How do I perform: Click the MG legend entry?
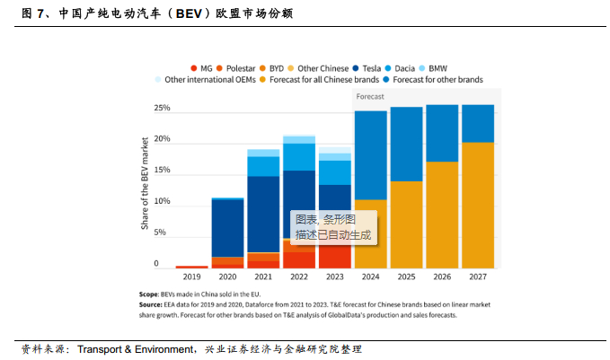coord(202,67)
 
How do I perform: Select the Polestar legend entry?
coord(236,67)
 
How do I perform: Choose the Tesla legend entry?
coord(368,67)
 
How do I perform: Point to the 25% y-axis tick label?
coord(162,108)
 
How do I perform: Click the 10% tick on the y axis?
coord(162,201)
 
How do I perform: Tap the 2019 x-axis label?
coord(193,278)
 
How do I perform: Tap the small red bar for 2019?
coord(193,267)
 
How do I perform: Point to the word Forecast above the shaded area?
coord(370,95)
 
